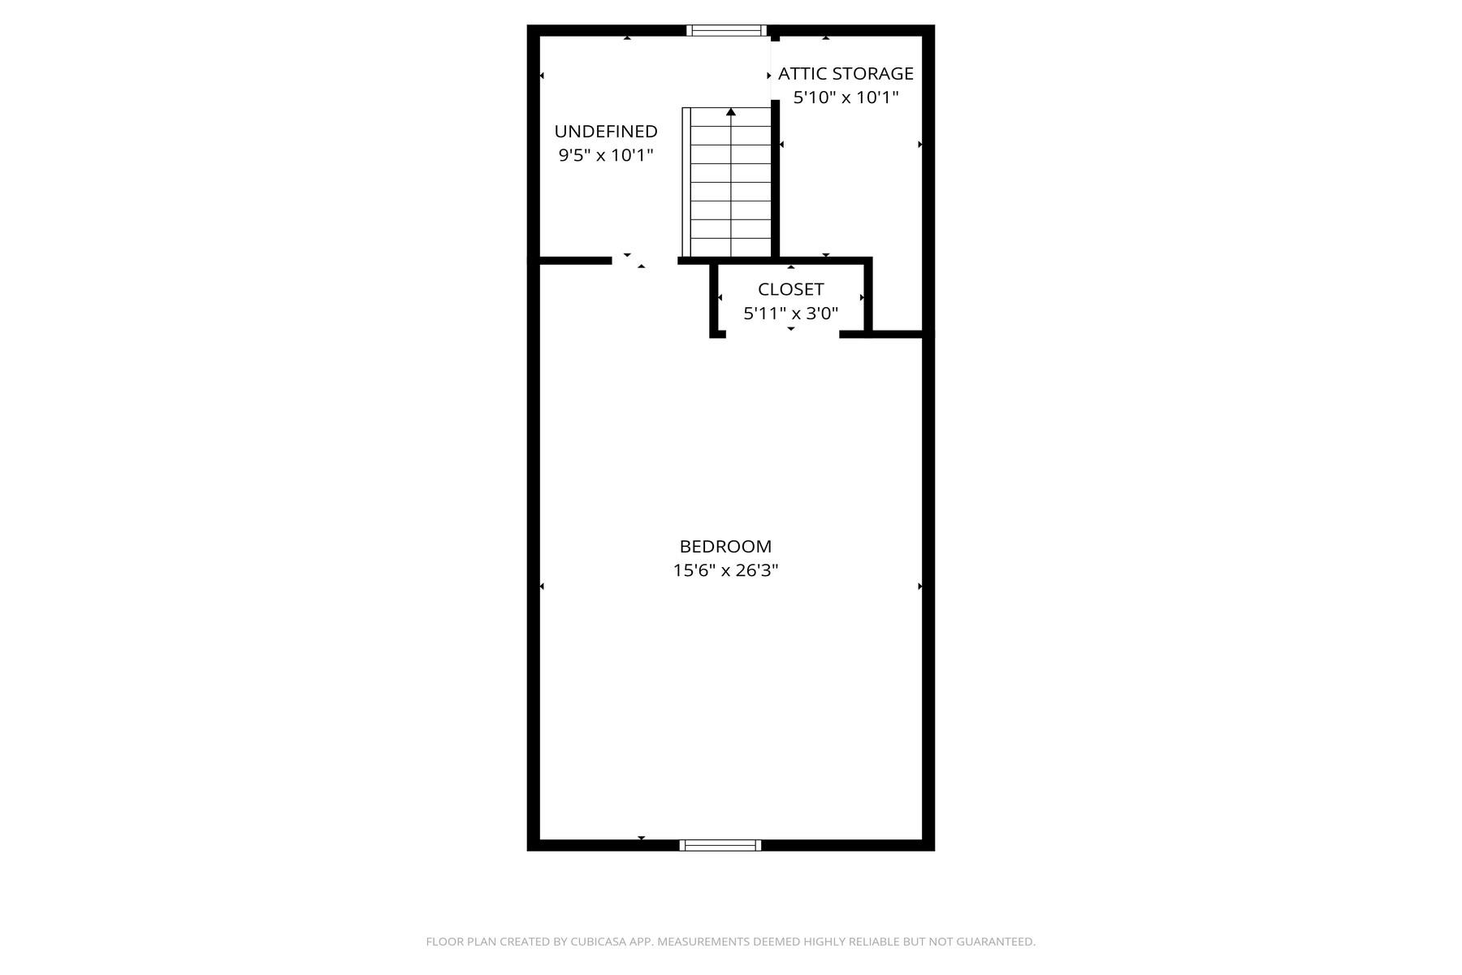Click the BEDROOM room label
tap(725, 547)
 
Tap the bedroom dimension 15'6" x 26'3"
tap(725, 570)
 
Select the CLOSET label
tap(791, 289)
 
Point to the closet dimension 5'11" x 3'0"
tap(791, 313)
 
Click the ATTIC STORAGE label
tap(846, 74)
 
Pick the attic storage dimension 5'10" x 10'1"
tap(846, 97)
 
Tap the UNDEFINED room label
tap(606, 132)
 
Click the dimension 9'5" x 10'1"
tap(606, 155)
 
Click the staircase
tap(727, 182)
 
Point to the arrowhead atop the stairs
tap(731, 111)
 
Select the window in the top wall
tap(726, 31)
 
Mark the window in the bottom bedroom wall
tap(720, 845)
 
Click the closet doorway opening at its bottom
tap(782, 334)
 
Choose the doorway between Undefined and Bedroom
tap(644, 261)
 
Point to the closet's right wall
tap(868, 297)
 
